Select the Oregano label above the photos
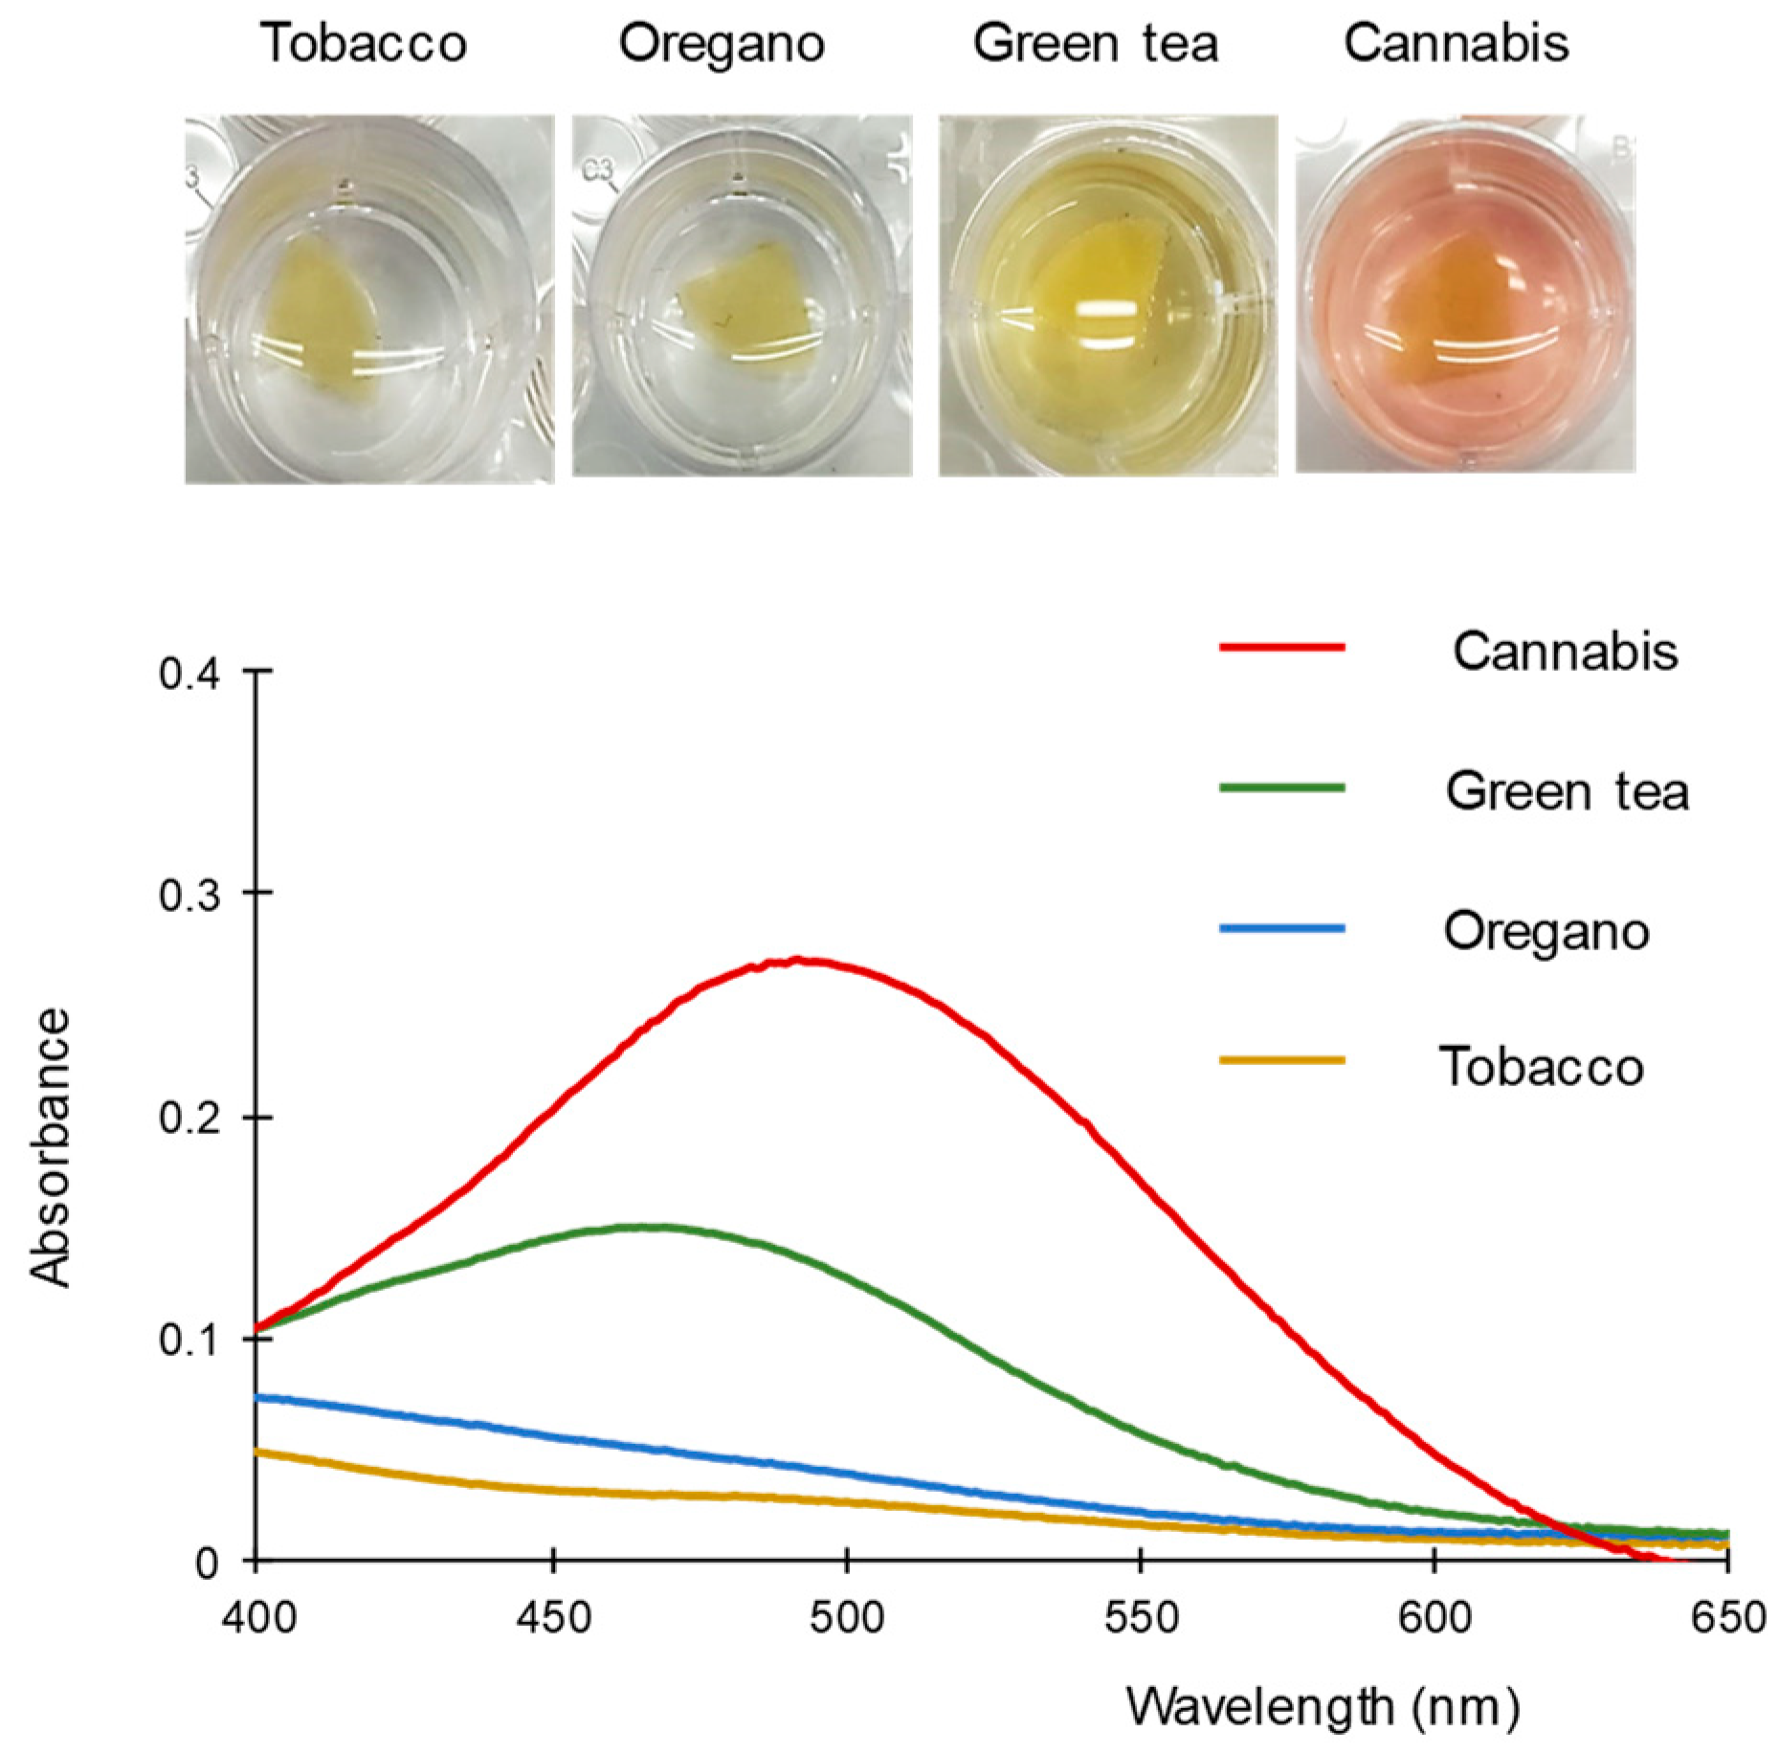coord(722,43)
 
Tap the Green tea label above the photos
coord(1096,43)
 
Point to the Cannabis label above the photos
coord(1456,43)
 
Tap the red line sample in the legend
coord(1281,648)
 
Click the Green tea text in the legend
coord(1567,791)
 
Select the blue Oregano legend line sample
coord(1281,928)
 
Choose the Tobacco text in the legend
coord(1542,1066)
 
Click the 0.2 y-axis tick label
coord(189,1117)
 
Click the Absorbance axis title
coord(50,1148)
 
